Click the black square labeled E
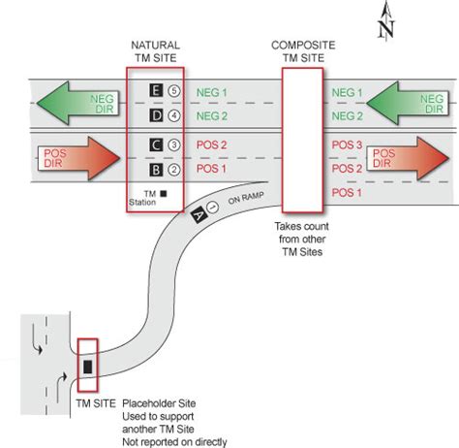156,90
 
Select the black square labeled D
156,115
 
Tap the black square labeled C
156,144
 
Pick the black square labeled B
156,170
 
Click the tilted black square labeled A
199,214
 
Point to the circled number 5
174,91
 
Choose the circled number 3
174,144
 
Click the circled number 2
174,170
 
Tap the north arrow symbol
386,21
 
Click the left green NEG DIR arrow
77,103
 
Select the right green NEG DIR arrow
408,103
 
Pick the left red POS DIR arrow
78,158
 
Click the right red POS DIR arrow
408,158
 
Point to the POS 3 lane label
347,144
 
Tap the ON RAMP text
246,198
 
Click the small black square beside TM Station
164,194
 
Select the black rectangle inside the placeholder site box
87,367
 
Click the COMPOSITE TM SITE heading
303,51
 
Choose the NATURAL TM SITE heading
156,51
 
